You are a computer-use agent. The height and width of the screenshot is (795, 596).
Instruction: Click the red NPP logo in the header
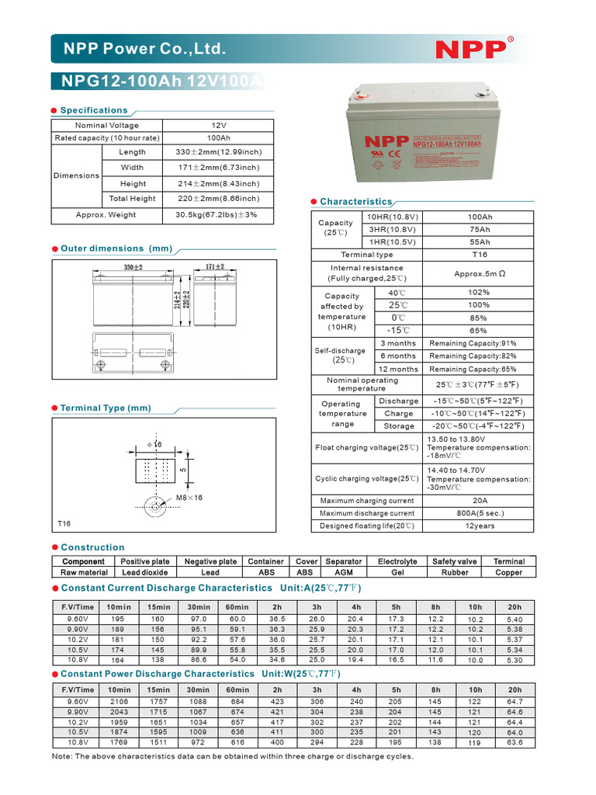point(470,49)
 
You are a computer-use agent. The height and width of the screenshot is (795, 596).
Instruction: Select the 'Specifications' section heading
point(94,110)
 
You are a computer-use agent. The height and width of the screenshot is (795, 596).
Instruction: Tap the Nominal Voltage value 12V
point(218,125)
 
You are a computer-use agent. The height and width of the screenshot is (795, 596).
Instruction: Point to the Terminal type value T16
point(479,255)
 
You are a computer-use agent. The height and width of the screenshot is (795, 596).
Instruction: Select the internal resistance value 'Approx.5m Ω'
point(479,273)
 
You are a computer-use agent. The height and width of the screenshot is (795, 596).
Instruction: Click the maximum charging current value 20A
point(479,501)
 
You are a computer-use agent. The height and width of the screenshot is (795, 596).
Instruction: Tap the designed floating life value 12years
point(479,526)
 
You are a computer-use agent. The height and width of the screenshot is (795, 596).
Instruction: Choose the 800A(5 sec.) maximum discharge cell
point(479,513)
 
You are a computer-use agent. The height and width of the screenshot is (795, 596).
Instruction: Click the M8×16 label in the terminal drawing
point(189,497)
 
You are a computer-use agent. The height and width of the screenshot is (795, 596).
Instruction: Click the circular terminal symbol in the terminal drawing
point(155,508)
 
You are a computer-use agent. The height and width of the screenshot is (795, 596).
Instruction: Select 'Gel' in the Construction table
point(397,572)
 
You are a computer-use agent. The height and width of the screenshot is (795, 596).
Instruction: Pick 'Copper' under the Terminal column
point(508,572)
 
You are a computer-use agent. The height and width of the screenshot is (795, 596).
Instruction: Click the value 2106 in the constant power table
point(119,702)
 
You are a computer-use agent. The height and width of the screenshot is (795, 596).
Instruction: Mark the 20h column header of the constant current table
point(514,606)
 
